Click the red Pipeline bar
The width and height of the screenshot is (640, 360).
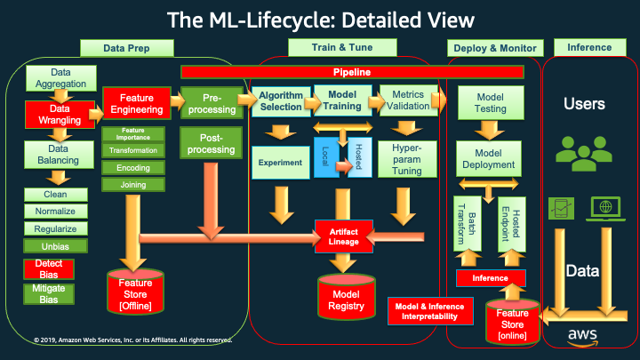pyautogui.click(x=352, y=72)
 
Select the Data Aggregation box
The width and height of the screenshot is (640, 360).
pyautogui.click(x=61, y=78)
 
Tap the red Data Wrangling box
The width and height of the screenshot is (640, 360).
pyautogui.click(x=60, y=115)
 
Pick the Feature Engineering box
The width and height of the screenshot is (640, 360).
pyautogui.click(x=137, y=104)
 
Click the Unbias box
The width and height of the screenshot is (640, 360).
pyautogui.click(x=55, y=246)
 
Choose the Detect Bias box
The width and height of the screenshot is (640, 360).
pyautogui.click(x=49, y=269)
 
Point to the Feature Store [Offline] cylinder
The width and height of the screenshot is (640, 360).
pyautogui.click(x=135, y=292)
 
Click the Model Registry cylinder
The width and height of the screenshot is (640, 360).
pyautogui.click(x=347, y=297)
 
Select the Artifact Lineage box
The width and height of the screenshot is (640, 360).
pyautogui.click(x=344, y=236)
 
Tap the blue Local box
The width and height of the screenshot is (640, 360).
pyautogui.click(x=325, y=157)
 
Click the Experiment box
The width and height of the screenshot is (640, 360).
pyautogui.click(x=280, y=163)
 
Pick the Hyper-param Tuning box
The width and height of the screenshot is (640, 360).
pyautogui.click(x=407, y=159)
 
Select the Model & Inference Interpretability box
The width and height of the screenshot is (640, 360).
pyautogui.click(x=430, y=311)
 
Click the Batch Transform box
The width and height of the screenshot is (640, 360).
pyautogui.click(x=468, y=224)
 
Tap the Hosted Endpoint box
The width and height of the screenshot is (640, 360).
pyautogui.click(x=512, y=224)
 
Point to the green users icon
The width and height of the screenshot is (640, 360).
pyautogui.click(x=584, y=154)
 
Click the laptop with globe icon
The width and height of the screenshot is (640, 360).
pyautogui.click(x=605, y=209)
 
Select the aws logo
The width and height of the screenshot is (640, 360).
pyautogui.click(x=582, y=337)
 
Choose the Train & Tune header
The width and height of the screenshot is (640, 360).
pyautogui.click(x=342, y=47)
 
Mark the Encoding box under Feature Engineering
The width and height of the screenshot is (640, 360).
pyautogui.click(x=133, y=168)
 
